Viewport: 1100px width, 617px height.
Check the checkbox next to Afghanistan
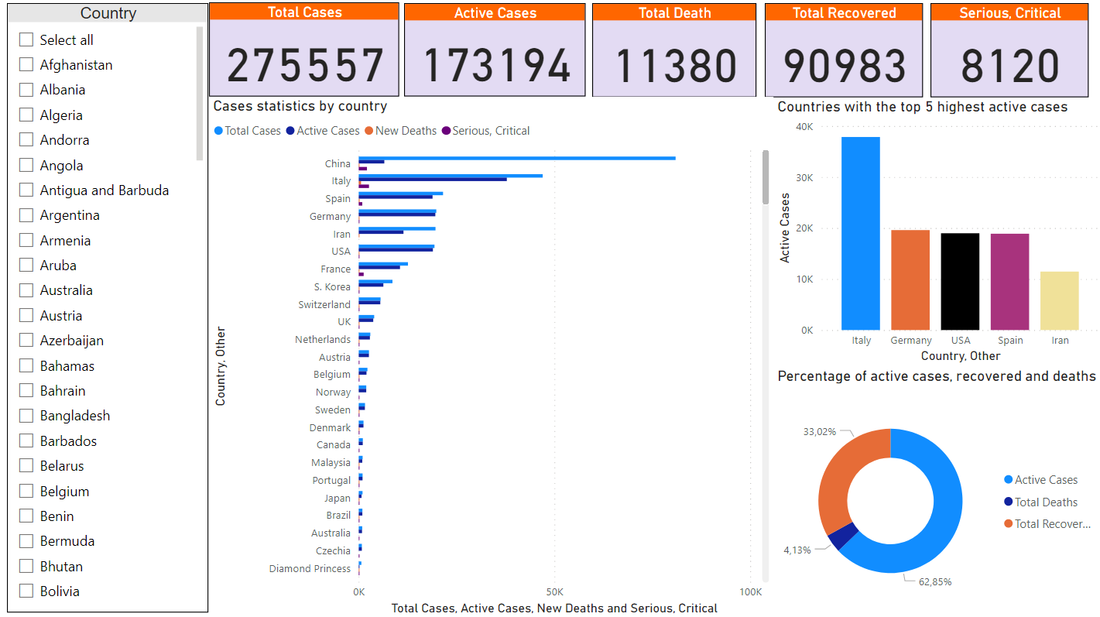26,65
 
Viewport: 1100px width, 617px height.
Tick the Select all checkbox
26,40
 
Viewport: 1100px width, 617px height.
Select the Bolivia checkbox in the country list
26,591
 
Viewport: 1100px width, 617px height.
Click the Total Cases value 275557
305,66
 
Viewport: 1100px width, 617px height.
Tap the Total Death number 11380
674,66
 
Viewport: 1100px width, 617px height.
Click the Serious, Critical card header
1009,13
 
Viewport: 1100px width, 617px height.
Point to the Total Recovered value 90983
844,66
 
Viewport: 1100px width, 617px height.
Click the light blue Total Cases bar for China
516,158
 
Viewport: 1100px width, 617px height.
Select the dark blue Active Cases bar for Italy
433,180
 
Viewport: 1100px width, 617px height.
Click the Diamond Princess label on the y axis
310,569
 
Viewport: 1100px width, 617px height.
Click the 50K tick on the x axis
554,591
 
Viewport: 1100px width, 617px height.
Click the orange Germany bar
910,279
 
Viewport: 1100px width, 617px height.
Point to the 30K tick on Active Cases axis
806,177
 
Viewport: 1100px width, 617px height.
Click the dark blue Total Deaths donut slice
843,536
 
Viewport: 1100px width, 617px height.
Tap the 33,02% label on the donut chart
819,432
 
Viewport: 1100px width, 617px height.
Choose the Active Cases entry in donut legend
1045,480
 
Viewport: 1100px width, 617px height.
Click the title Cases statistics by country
300,106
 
